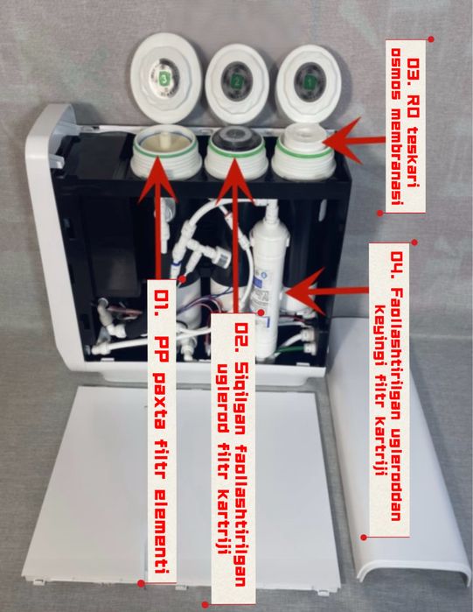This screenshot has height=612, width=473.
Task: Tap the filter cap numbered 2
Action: [x=237, y=83]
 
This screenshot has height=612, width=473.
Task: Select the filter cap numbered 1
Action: [x=310, y=83]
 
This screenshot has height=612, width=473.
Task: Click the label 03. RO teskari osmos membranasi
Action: [x=406, y=126]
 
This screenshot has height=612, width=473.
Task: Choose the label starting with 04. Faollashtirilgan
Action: [x=389, y=390]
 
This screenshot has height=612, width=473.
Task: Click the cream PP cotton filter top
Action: [x=165, y=144]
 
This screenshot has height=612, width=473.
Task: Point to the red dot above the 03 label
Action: [x=431, y=39]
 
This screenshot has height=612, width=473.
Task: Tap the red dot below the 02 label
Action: [x=205, y=604]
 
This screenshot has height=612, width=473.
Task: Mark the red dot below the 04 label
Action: [x=364, y=537]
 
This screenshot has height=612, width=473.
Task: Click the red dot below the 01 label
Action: [x=142, y=583]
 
